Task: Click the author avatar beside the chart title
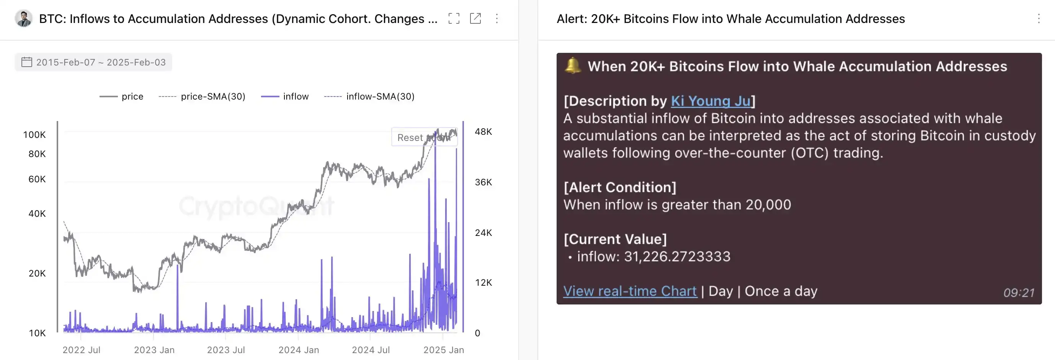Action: (23, 18)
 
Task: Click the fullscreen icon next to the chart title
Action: (454, 18)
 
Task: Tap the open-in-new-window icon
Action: (475, 18)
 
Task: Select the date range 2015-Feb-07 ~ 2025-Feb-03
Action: (93, 62)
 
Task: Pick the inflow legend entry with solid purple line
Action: (285, 97)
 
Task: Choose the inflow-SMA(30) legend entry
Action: (369, 97)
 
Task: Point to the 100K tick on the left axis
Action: (34, 135)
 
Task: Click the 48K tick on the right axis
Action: (483, 132)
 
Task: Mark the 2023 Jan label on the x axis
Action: (154, 350)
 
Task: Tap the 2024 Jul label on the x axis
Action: (371, 350)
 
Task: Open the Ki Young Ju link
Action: (710, 101)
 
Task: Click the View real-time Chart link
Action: (630, 291)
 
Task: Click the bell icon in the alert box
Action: (573, 66)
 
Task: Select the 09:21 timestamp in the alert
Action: (1019, 293)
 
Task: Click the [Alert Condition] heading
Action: (620, 188)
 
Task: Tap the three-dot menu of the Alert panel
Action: (1039, 18)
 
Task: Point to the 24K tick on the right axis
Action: (483, 232)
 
